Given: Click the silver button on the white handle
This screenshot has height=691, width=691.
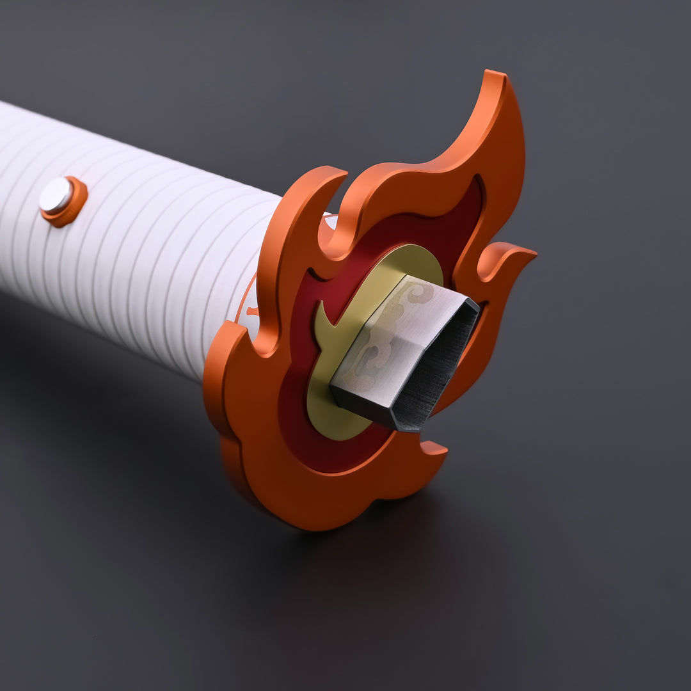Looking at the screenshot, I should pos(56,196).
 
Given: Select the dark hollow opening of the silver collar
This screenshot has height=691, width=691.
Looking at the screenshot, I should pos(441,371).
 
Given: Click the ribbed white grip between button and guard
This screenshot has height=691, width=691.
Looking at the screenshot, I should pos(173,256).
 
